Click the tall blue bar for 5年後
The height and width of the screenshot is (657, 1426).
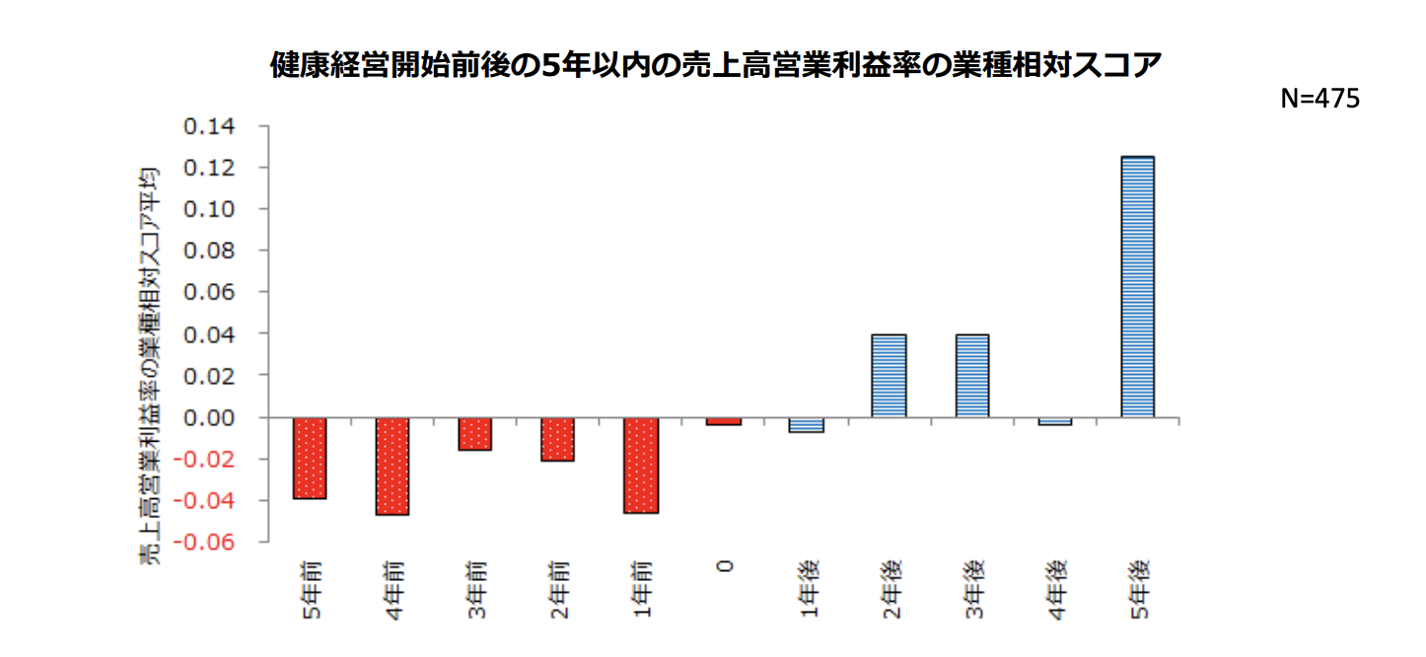coord(1137,286)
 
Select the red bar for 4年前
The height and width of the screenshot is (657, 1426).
coord(392,466)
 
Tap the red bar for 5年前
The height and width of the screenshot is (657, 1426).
coord(310,458)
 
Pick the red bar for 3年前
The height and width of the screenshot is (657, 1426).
coord(475,434)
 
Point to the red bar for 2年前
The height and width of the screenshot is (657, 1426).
coord(558,439)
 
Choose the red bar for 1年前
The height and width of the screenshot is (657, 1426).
coord(641,465)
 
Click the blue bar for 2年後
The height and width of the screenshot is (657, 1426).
coord(890,376)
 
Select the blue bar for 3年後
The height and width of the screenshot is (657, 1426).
coord(972,376)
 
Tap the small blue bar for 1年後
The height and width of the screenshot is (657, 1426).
coord(807,425)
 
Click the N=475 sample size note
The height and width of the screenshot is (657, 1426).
coord(1319,99)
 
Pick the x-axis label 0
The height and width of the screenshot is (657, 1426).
coord(725,567)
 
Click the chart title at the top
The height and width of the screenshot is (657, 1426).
coord(716,65)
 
